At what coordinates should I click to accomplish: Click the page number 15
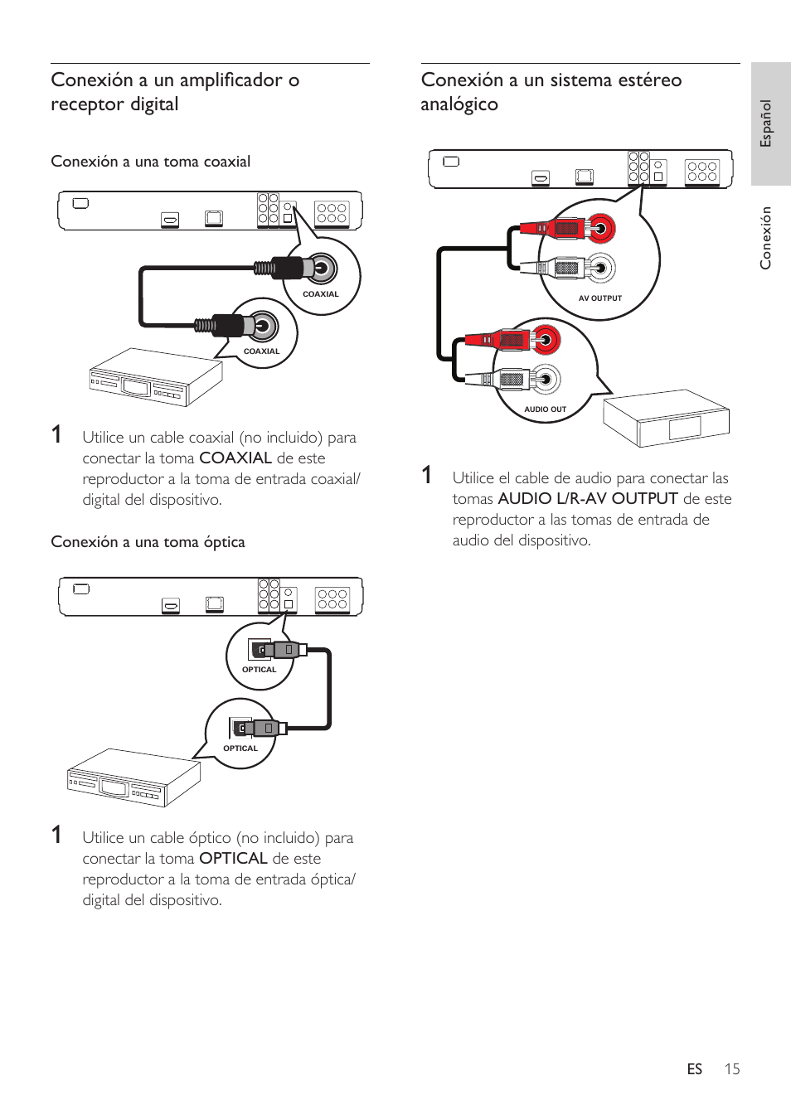click(731, 1068)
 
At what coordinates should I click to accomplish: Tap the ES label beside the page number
click(694, 1068)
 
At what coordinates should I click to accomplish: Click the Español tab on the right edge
click(767, 124)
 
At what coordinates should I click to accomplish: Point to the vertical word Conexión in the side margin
click(766, 238)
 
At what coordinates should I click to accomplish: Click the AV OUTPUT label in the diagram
click(599, 298)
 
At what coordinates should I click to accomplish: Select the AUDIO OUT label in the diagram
click(545, 409)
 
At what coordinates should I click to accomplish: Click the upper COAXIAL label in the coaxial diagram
click(320, 294)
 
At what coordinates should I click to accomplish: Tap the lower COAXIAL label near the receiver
click(261, 351)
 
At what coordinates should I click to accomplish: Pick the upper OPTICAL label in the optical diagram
click(259, 670)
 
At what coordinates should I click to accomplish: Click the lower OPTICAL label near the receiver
click(240, 748)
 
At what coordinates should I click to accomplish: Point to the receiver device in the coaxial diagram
click(156, 378)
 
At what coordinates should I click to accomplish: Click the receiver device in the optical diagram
click(133, 777)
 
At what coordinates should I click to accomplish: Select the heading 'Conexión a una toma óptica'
click(148, 542)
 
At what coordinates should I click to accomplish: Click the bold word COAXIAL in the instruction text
click(235, 458)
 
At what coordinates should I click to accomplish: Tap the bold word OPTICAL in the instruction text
click(233, 859)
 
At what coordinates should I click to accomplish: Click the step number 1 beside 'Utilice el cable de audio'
click(427, 475)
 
